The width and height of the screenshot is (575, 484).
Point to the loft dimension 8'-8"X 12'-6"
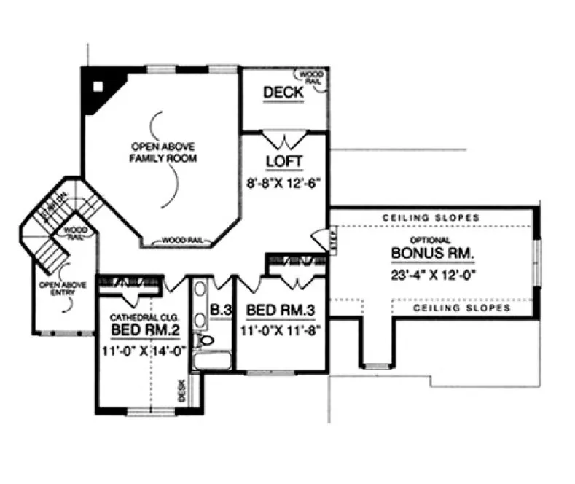click(281, 184)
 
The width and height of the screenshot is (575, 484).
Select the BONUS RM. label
click(433, 254)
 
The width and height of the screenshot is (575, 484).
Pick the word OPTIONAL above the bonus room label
click(430, 239)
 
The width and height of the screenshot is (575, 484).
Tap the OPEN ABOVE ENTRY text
click(58, 291)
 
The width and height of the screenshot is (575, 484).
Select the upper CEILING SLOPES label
click(431, 217)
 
